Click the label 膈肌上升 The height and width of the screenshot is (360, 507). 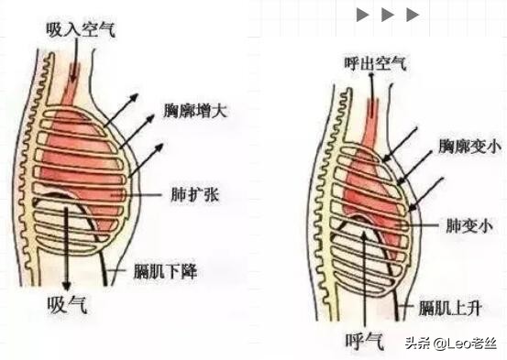[x=446, y=303]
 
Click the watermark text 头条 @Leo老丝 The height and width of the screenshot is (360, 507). [x=448, y=344]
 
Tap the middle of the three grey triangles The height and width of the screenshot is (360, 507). [x=388, y=15]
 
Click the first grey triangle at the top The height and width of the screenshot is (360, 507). [x=363, y=15]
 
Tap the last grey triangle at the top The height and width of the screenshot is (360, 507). [x=413, y=15]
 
